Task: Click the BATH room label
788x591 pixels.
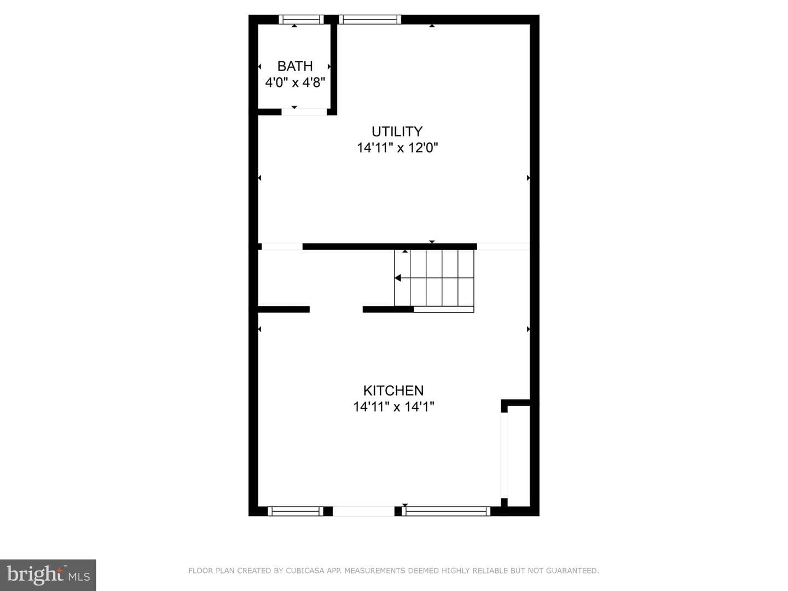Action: [x=295, y=66]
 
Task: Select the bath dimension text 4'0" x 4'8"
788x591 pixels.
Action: [x=295, y=83]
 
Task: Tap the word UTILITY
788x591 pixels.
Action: [x=397, y=132]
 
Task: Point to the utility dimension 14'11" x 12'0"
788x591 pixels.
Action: [x=397, y=148]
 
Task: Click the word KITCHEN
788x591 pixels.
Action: [x=393, y=390]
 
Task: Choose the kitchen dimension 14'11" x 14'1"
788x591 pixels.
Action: [x=393, y=407]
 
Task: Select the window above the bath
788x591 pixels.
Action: [x=301, y=19]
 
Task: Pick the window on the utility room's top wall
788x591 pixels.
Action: [x=370, y=19]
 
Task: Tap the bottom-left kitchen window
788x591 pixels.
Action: [x=296, y=511]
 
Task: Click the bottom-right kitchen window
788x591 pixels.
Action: [x=446, y=511]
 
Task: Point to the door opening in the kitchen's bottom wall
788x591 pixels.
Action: [x=364, y=511]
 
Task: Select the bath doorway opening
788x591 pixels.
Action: [x=304, y=112]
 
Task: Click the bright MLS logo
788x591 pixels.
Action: [x=48, y=575]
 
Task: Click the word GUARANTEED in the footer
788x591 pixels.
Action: [x=572, y=571]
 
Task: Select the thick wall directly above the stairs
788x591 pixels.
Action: [x=390, y=246]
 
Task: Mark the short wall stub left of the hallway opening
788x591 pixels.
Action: [x=283, y=309]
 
